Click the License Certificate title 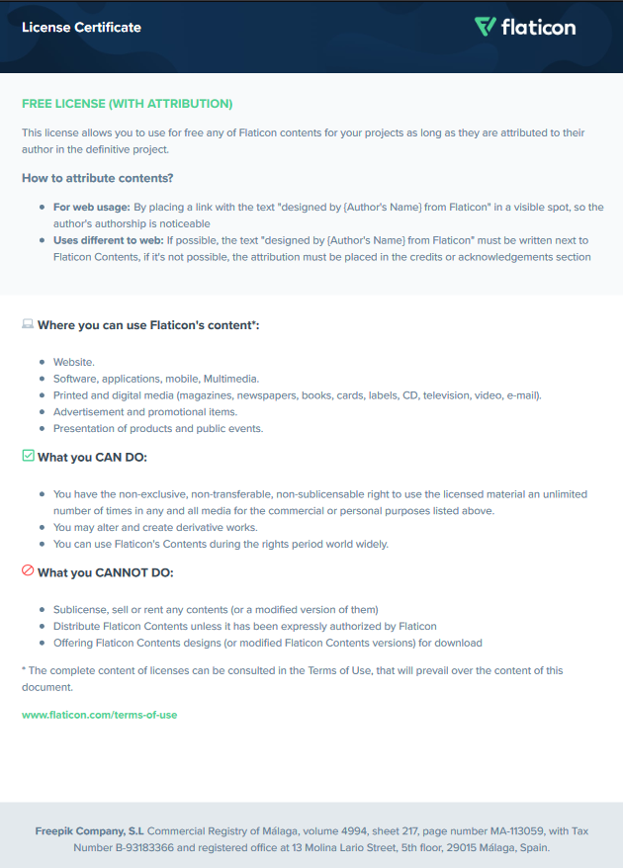[x=81, y=28]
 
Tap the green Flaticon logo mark [x=485, y=27]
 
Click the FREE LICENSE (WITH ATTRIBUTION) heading [x=127, y=104]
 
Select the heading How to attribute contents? [x=98, y=178]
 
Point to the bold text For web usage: [x=91, y=208]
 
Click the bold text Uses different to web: [x=108, y=240]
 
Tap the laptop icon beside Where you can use [x=28, y=324]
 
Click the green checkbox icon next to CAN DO [x=28, y=456]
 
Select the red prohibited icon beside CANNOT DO [x=28, y=571]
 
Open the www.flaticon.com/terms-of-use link [x=99, y=714]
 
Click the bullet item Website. [x=74, y=363]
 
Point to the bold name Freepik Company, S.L [x=89, y=831]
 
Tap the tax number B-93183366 [x=137, y=847]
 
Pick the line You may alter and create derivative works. [x=155, y=528]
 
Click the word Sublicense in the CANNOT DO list [x=80, y=610]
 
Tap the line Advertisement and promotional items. [x=145, y=412]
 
